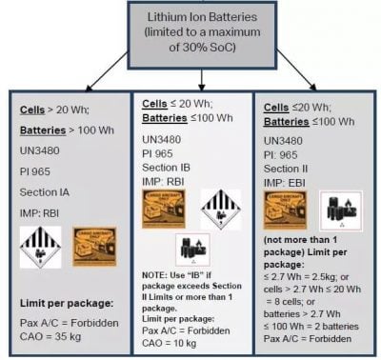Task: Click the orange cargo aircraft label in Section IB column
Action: [164, 207]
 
